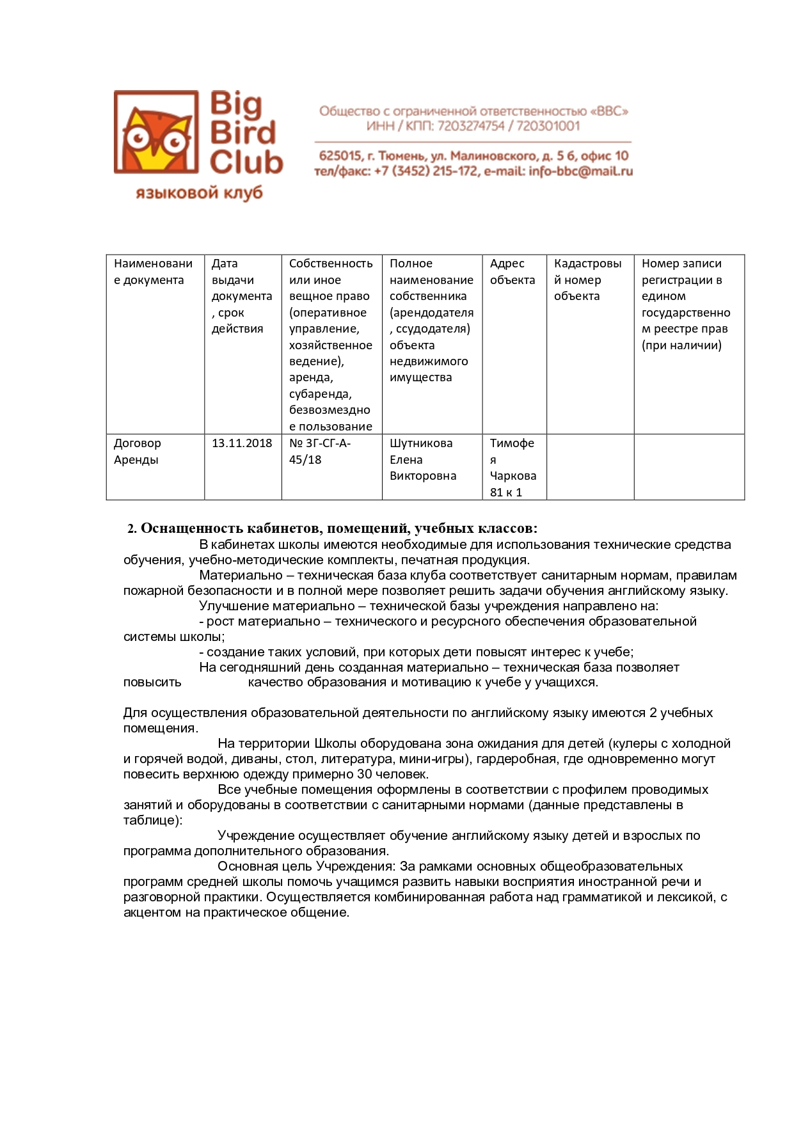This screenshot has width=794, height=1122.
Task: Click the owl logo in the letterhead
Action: tap(156, 132)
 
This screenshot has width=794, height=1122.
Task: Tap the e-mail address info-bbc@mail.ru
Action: tap(580, 171)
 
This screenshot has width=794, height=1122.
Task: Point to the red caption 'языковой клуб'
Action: tap(199, 193)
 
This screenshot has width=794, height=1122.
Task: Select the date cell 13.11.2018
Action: tap(242, 443)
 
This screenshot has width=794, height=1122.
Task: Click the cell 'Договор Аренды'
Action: tap(138, 451)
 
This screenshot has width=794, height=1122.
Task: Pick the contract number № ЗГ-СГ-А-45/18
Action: tap(320, 451)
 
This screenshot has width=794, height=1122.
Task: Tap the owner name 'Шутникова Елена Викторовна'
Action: tap(423, 459)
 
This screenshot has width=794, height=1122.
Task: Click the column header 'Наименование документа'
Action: tap(153, 272)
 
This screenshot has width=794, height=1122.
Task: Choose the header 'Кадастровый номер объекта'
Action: tap(587, 280)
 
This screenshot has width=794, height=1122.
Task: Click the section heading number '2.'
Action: tap(132, 529)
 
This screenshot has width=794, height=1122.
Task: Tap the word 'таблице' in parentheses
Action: tap(150, 820)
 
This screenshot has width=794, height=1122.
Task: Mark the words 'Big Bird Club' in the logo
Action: tap(246, 133)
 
